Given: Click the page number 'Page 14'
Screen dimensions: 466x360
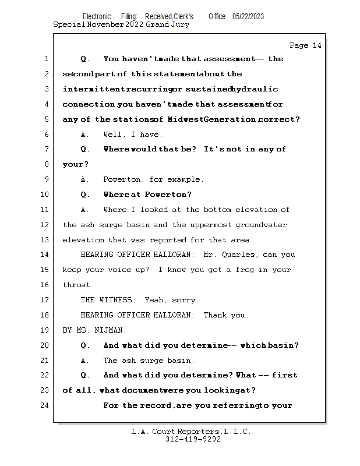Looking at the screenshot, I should pos(305,45).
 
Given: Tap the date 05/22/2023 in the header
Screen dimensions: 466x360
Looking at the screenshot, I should pos(248,16).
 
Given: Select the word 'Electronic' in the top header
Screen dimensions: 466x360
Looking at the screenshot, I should pos(97,16).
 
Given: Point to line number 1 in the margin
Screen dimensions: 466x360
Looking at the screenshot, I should pos(46,59).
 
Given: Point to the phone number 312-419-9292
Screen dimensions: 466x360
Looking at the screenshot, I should pos(193,439).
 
